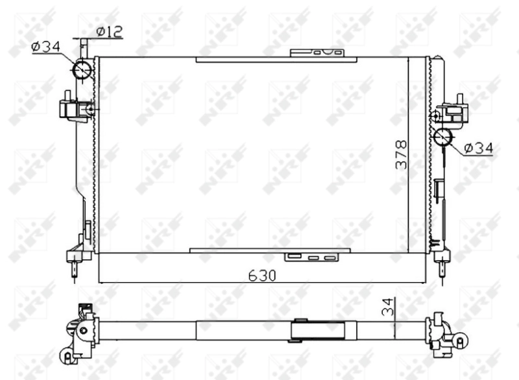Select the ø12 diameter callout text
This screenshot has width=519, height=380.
(110, 30)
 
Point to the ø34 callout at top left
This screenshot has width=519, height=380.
(45, 45)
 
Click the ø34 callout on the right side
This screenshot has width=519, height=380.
(478, 148)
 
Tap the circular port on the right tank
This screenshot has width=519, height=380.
(444, 137)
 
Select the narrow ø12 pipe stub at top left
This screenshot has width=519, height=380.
(84, 49)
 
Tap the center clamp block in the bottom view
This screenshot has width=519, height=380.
(300, 330)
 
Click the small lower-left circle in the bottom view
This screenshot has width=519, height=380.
(67, 355)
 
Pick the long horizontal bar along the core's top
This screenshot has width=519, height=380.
(276, 60)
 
